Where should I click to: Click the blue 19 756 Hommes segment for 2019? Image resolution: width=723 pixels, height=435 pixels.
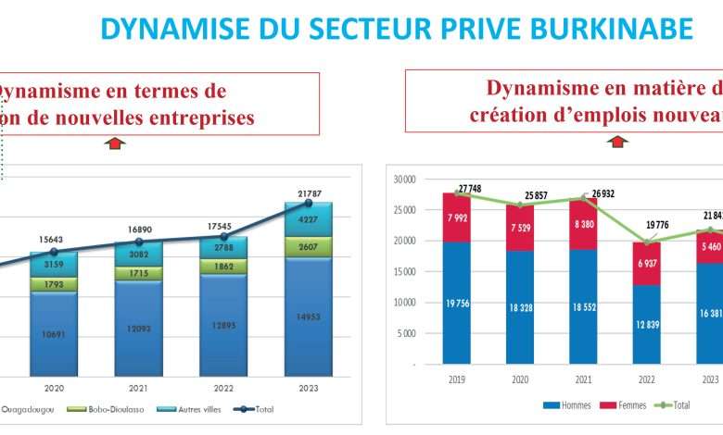click(455, 303)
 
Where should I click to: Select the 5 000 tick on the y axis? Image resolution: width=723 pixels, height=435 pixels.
click(404, 333)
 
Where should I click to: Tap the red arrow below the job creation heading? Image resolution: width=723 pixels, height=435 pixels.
click(617, 143)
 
